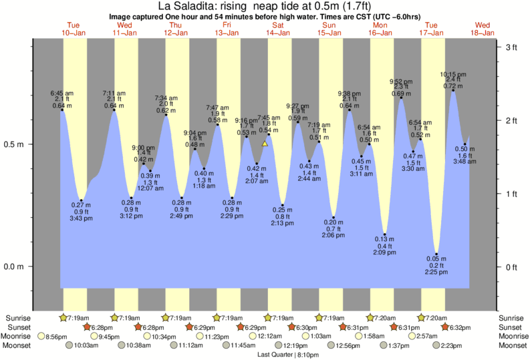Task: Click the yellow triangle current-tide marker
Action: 265,143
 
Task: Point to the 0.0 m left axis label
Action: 15,267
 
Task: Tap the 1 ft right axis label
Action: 511,194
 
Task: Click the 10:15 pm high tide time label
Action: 452,74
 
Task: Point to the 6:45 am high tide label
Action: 62,93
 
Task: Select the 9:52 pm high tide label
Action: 401,82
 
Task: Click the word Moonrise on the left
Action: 19,337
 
